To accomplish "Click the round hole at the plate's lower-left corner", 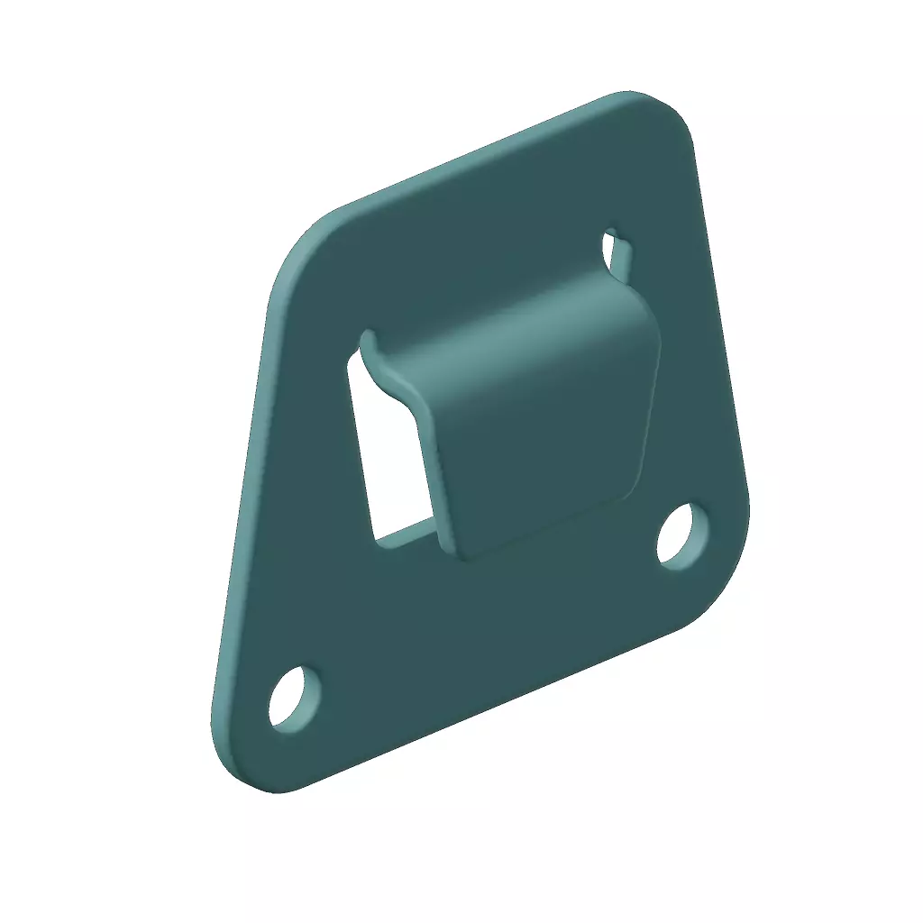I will [294, 698].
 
